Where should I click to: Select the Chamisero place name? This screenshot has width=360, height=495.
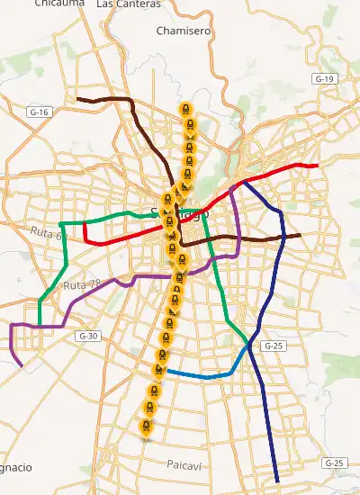click(x=183, y=31)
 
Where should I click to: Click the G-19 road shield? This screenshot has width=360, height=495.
click(x=325, y=79)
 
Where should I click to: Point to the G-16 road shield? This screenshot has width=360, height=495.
click(x=39, y=112)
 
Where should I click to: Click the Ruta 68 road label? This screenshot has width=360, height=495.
click(x=49, y=234)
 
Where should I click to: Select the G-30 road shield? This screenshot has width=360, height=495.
click(x=87, y=336)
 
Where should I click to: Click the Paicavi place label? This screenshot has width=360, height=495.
click(x=187, y=463)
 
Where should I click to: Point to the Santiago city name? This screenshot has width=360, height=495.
click(x=179, y=214)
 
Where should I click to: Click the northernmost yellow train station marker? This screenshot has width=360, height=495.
click(x=185, y=110)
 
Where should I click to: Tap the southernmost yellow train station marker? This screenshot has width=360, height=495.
click(x=147, y=427)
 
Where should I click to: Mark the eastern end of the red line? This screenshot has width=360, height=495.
click(x=318, y=166)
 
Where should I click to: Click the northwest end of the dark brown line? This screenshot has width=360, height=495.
click(x=78, y=98)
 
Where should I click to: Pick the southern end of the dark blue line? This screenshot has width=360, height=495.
click(x=277, y=481)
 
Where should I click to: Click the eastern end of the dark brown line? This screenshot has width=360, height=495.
click(x=300, y=235)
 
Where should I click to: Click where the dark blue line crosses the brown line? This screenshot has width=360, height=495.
click(x=283, y=237)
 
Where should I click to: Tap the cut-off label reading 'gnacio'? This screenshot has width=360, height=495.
click(x=15, y=468)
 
